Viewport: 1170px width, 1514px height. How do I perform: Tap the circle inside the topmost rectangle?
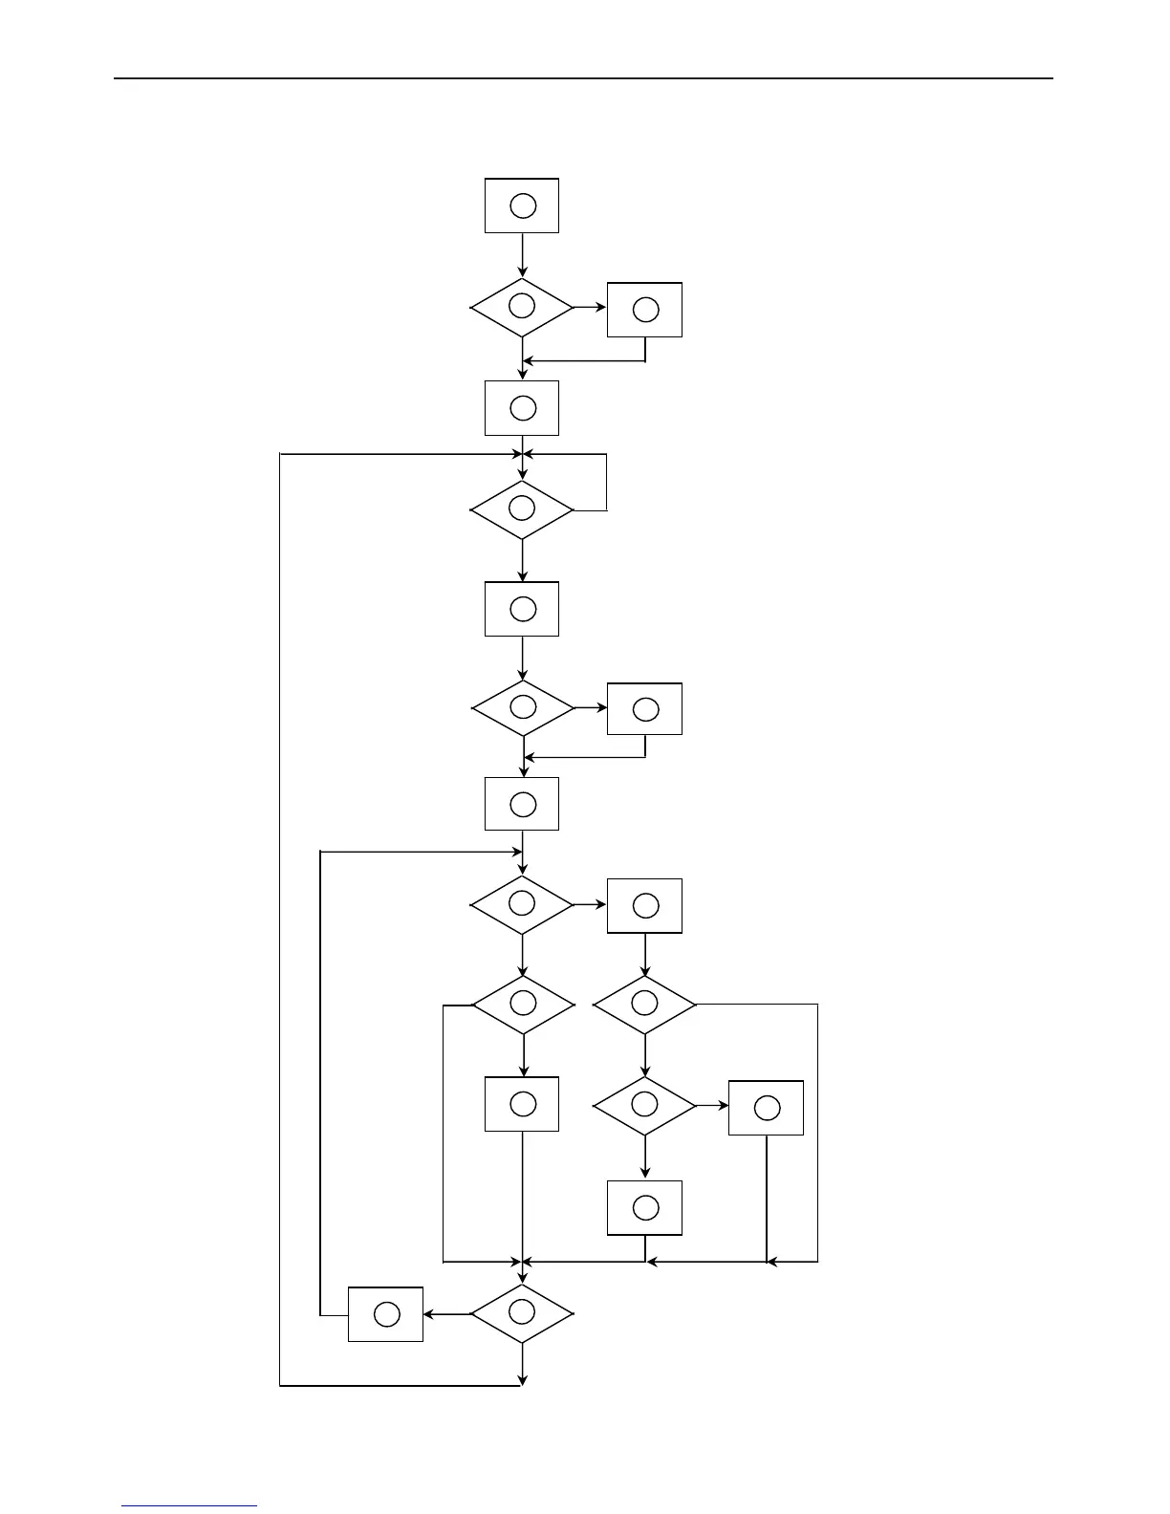523,205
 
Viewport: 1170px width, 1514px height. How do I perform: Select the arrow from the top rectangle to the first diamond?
523,255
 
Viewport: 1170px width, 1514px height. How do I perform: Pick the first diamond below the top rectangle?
522,308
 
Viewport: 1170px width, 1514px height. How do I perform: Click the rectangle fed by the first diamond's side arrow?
645,310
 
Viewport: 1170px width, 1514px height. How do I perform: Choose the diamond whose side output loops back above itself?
522,509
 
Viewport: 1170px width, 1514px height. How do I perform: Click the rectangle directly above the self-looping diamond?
522,408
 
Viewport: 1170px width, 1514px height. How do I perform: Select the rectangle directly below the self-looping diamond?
522,609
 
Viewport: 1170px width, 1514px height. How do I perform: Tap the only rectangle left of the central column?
385,1314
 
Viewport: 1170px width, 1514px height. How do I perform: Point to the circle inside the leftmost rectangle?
386,1314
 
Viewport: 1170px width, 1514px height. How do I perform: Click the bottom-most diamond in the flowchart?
522,1314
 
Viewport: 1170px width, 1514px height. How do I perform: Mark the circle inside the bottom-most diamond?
522,1312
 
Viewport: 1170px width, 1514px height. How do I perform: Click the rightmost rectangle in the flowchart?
766,1108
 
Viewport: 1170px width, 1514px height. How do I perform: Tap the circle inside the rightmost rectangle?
767,1108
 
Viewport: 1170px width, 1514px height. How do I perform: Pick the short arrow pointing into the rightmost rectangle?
712,1106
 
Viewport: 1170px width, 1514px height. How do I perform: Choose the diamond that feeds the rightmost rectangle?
645,1106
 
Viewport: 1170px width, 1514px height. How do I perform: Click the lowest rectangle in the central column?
522,1104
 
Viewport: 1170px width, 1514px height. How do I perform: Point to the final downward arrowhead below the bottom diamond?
523,1379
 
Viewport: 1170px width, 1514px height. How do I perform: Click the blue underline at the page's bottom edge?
189,1506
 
